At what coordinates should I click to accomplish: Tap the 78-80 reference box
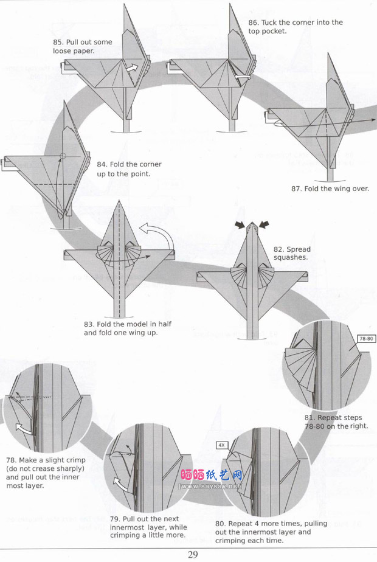[365, 337]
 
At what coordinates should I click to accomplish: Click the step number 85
[58, 43]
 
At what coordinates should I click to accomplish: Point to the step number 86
[253, 23]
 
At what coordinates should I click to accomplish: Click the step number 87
[296, 189]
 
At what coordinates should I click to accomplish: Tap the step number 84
[102, 164]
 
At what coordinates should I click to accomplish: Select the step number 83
[89, 324]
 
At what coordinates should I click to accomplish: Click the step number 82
[279, 249]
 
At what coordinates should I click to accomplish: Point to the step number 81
[310, 418]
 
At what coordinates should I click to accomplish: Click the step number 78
[11, 460]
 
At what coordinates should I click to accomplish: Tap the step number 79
[116, 518]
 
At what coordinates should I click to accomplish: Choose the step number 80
[221, 523]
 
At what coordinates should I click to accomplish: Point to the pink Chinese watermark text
[212, 475]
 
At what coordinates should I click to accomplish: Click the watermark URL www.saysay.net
[211, 487]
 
